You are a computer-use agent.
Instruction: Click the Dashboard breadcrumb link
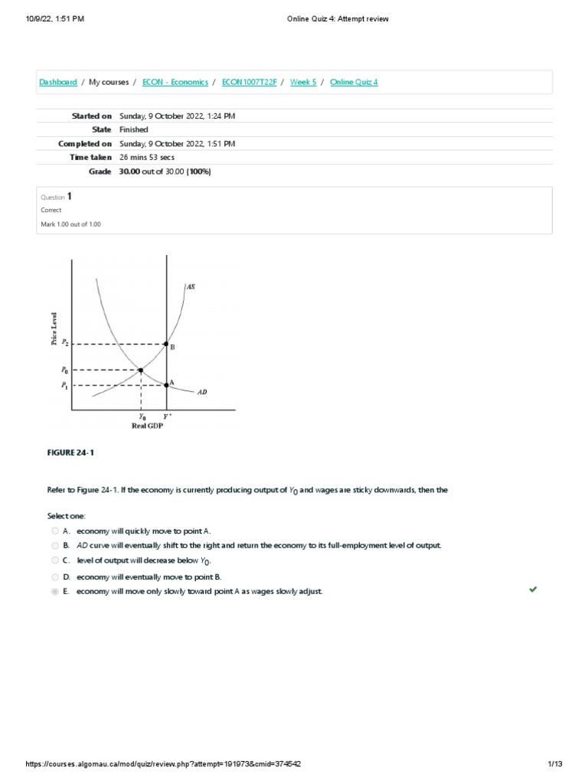click(57, 82)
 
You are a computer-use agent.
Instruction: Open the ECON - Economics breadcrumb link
click(175, 82)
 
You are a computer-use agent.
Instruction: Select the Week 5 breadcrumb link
click(302, 82)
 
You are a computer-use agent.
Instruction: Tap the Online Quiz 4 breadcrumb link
click(354, 82)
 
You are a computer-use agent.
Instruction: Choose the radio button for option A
click(55, 531)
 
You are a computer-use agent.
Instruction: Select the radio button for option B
click(55, 546)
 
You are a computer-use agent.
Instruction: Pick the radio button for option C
click(55, 561)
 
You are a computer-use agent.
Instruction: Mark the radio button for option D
click(55, 577)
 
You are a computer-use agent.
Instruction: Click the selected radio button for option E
click(55, 592)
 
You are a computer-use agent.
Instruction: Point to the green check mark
click(533, 590)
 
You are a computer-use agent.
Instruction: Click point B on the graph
click(167, 345)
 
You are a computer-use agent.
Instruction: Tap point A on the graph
click(167, 384)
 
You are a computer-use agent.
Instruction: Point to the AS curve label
click(190, 286)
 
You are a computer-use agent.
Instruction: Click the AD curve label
click(202, 392)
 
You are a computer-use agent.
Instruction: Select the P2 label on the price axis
click(65, 344)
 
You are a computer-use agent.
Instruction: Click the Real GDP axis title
click(148, 426)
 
